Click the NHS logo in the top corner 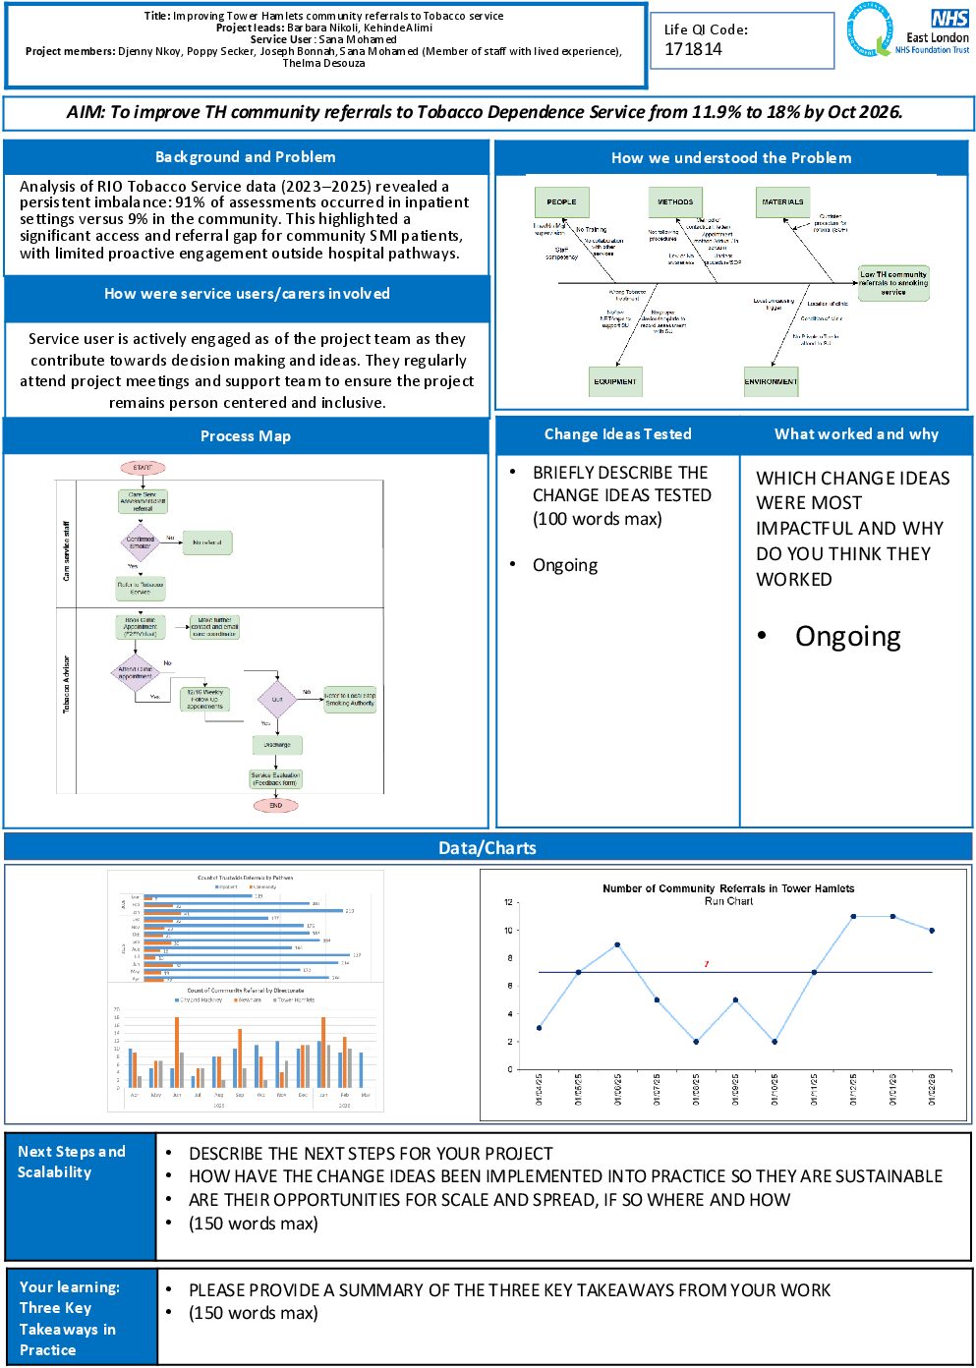point(949,19)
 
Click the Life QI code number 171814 point(693,49)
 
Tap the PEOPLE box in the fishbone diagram point(561,202)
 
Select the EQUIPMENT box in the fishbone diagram point(615,381)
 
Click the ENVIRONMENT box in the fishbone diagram point(771,381)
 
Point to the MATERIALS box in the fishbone point(782,202)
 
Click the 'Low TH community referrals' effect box point(892,283)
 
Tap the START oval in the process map point(143,468)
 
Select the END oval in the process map point(276,805)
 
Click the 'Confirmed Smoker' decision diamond point(141,541)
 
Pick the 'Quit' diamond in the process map point(277,699)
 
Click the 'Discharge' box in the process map point(277,745)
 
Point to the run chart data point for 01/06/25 point(617,944)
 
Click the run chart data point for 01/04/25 point(539,1028)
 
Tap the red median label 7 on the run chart point(706,964)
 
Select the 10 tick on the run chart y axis point(508,930)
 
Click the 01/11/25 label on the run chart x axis point(814,1089)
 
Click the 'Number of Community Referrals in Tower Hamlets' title point(727,888)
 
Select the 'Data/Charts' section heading point(488,847)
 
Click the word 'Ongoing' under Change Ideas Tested point(565,565)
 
